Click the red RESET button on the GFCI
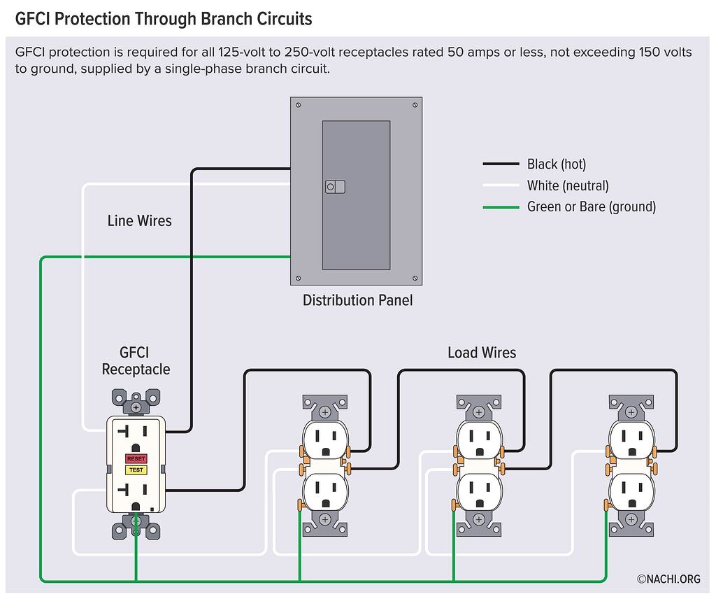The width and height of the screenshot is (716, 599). tap(136, 458)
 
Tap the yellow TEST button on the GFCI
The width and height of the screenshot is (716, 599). tap(136, 470)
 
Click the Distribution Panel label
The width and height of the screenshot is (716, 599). tap(357, 300)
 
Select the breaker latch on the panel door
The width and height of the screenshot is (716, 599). tap(335, 187)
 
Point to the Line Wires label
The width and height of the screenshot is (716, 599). tap(139, 221)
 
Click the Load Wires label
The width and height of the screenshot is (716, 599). tap(482, 353)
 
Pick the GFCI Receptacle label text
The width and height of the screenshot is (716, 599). tap(136, 361)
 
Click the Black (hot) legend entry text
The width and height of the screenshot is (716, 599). tap(557, 164)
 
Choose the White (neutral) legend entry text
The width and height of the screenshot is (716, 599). tap(568, 185)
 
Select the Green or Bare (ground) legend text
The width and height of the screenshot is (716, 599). tap(592, 206)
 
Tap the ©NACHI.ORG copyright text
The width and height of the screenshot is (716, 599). tap(668, 579)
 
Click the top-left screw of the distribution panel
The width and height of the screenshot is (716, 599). tap(299, 105)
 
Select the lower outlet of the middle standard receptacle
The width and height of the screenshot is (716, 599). tap(478, 492)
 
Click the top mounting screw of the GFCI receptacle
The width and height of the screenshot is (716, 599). tap(136, 407)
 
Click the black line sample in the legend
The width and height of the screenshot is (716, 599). tap(501, 164)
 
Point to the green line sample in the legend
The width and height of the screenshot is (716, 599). tap(501, 207)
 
